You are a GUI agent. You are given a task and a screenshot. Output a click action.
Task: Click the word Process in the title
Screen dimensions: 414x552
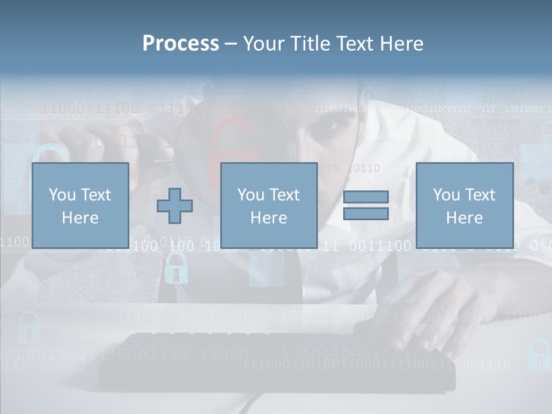(181, 44)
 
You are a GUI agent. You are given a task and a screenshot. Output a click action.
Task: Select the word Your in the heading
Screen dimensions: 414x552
(264, 44)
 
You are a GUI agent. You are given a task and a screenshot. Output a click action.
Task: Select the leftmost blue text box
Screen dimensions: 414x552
(80, 205)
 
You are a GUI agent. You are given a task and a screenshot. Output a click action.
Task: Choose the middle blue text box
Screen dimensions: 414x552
(269, 205)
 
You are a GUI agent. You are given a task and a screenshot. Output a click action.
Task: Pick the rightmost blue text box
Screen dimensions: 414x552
(464, 205)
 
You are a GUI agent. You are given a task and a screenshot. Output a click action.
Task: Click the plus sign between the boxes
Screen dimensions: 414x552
(175, 205)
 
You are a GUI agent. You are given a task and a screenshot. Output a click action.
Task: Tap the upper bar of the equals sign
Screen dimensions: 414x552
(366, 197)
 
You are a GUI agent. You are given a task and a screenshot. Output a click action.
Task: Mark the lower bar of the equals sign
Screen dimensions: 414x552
(366, 214)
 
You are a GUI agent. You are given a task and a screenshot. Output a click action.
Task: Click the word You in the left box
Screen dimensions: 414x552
(62, 195)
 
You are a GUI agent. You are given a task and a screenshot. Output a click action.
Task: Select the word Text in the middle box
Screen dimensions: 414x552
(284, 195)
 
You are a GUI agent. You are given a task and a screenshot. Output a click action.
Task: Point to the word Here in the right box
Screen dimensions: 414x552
(464, 218)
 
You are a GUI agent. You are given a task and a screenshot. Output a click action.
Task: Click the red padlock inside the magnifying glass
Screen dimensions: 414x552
(233, 144)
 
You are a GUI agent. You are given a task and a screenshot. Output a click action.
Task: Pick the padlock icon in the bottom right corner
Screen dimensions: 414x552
(539, 355)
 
